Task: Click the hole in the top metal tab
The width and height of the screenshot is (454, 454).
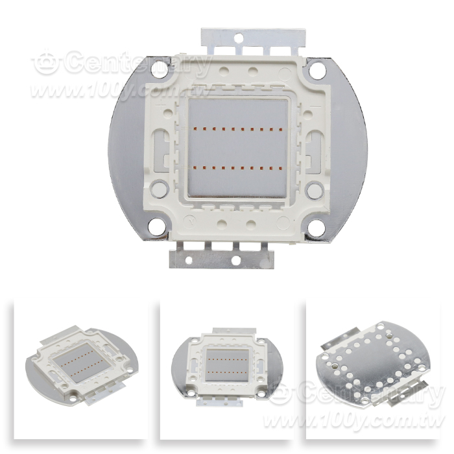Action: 238,37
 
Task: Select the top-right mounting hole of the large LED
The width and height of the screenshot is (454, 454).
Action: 317,70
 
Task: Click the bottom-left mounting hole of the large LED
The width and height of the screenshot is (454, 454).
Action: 157,226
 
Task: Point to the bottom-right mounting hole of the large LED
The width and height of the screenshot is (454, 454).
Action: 316,227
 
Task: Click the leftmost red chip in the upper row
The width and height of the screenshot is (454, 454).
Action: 195,128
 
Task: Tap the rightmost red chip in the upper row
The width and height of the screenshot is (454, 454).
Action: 280,129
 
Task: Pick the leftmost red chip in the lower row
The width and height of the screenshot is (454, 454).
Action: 195,167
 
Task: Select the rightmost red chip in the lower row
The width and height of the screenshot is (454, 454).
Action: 280,167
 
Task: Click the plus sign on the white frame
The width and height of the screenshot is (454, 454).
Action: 160,105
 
